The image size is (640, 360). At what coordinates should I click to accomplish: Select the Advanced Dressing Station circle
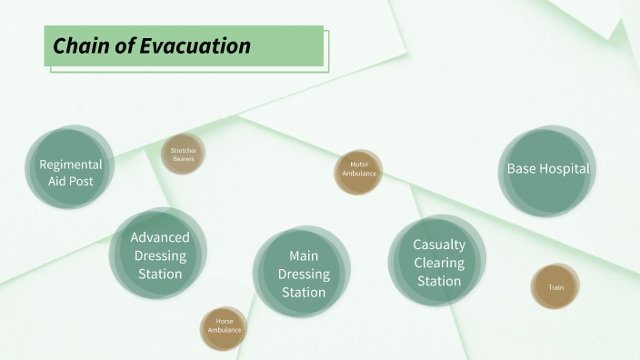pos(159,255)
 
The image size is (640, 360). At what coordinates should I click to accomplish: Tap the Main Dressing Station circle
pos(303,274)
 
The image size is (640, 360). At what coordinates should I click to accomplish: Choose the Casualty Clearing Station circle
pos(438,262)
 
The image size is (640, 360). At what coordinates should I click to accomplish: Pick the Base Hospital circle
pos(547,169)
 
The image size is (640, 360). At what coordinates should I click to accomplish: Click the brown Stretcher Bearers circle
pos(184,154)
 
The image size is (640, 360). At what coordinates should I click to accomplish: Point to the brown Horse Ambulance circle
pos(224,325)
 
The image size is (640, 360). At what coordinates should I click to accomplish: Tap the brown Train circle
pos(555,287)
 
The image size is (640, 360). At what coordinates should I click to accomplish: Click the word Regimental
pos(70,165)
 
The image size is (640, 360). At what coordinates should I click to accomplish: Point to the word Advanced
pos(160,238)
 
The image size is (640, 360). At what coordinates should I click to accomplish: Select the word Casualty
pos(439,245)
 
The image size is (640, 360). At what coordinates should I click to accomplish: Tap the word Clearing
pos(439,263)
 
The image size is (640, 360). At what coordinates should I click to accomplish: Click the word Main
pos(304,256)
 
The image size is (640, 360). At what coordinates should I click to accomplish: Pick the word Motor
pos(358,165)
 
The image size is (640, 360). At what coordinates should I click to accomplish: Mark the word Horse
pos(224,321)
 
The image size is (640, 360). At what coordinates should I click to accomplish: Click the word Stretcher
pos(184,150)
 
